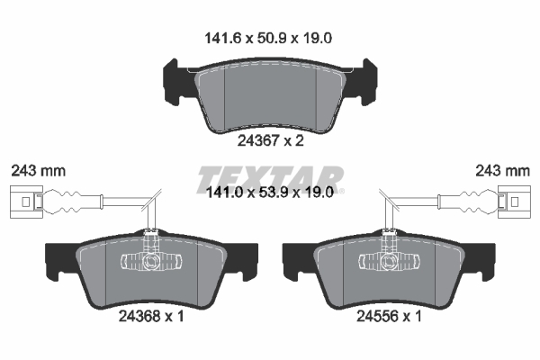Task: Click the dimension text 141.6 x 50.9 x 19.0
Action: pyautogui.click(x=268, y=38)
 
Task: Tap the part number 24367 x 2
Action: pyautogui.click(x=270, y=140)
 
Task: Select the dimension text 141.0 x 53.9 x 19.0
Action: pyautogui.click(x=269, y=193)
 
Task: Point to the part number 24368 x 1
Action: pyautogui.click(x=151, y=316)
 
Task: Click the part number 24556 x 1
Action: pyautogui.click(x=389, y=316)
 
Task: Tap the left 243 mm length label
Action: pyautogui.click(x=38, y=170)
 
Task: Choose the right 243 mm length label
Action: pyautogui.click(x=502, y=170)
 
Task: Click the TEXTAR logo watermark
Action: pyautogui.click(x=270, y=179)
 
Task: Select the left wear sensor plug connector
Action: pyautogui.click(x=26, y=202)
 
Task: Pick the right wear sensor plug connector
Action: pyautogui.click(x=514, y=202)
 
